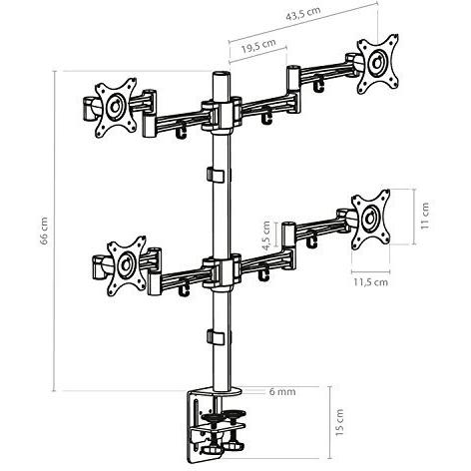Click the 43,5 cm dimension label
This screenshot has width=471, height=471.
[x=303, y=14]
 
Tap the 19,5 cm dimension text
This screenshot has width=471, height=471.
[x=258, y=46]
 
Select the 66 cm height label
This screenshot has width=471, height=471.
[x=44, y=231]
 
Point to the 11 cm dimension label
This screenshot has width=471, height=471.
[x=425, y=216]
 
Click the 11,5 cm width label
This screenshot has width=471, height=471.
[x=370, y=282]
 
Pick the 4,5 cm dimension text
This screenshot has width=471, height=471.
[x=266, y=235]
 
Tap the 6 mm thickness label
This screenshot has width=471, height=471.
[x=282, y=391]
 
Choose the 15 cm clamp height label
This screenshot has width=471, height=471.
[x=339, y=422]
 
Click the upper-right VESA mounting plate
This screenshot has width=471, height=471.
[x=378, y=64]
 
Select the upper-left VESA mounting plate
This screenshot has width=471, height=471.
[x=116, y=108]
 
